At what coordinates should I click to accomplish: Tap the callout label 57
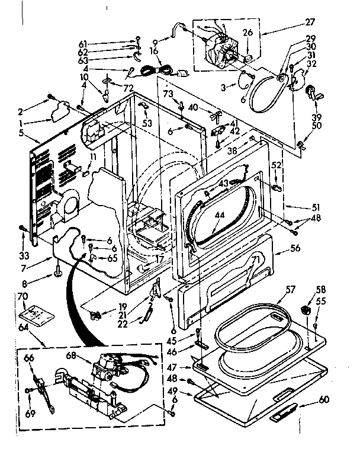(290, 290)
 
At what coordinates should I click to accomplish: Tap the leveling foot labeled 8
(60, 272)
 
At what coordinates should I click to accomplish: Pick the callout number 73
(168, 94)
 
